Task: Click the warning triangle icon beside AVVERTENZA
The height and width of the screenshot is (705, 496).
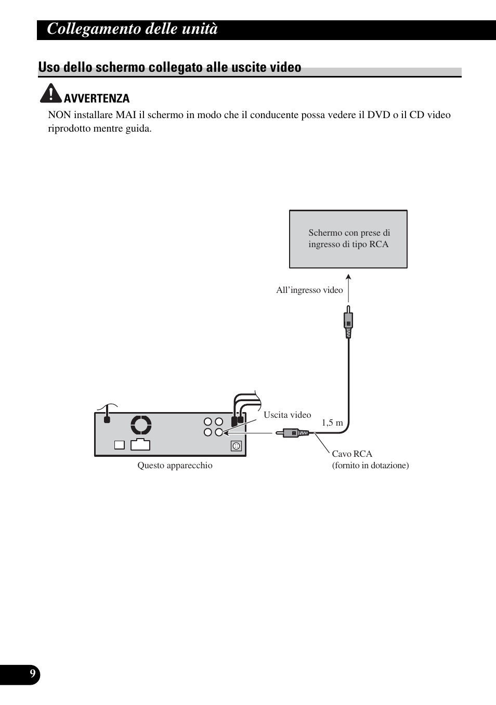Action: click(x=50, y=93)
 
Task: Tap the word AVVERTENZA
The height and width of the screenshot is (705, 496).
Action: click(x=97, y=98)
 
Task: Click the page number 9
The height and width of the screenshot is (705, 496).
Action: click(x=33, y=673)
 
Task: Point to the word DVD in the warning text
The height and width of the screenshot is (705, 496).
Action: click(x=378, y=115)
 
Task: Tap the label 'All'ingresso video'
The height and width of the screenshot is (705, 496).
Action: click(x=309, y=290)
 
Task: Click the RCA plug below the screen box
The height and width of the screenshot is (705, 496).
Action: click(x=348, y=322)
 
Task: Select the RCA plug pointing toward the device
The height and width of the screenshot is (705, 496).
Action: click(x=292, y=433)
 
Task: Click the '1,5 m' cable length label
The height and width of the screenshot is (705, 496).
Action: click(x=332, y=422)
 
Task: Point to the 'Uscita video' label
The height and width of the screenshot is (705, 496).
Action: click(x=287, y=415)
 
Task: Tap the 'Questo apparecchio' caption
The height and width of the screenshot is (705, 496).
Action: click(x=175, y=465)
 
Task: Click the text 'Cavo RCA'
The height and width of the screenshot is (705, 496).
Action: click(x=352, y=454)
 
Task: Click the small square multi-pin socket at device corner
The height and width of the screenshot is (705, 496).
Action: click(x=236, y=446)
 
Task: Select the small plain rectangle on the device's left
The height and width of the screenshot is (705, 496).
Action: click(x=120, y=445)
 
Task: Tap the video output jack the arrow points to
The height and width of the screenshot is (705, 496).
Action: click(x=219, y=432)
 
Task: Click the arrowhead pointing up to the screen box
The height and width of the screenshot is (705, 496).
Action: click(x=348, y=277)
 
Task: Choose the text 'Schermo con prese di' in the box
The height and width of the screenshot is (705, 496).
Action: click(x=349, y=233)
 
